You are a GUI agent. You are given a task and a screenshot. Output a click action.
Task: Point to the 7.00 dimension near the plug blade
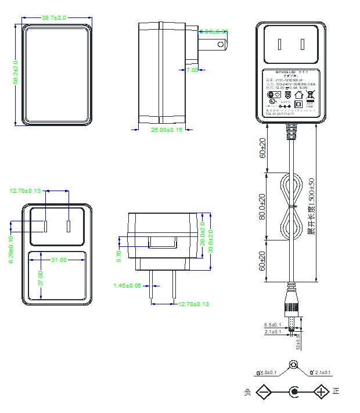coord(192,70)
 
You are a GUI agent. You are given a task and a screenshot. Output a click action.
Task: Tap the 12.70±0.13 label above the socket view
coord(26,191)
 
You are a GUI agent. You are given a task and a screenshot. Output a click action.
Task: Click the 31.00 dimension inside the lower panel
coord(59,260)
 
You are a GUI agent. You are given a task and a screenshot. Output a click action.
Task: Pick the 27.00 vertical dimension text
coord(40,277)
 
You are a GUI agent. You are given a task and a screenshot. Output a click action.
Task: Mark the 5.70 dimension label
coord(120,254)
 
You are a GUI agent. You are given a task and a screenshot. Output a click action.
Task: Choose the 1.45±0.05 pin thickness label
coord(127,286)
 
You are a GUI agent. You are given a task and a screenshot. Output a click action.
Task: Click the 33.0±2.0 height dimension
coord(210,241)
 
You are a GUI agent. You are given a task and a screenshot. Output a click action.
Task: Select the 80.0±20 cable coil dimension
coord(262,206)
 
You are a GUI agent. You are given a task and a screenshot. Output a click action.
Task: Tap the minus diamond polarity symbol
coord(264,392)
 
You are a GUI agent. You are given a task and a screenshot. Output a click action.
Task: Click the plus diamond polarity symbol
coord(322,392)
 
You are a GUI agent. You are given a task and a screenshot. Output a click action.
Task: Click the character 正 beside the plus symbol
coord(336,392)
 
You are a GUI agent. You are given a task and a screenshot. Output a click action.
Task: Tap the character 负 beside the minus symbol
coord(247,393)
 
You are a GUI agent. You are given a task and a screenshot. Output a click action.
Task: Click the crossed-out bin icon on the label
coord(310,94)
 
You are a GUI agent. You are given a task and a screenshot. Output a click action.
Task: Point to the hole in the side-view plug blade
coord(219,44)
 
